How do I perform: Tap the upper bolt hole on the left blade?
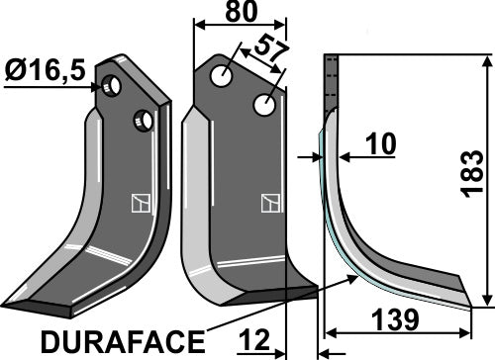click(x=116, y=87)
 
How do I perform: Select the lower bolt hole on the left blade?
click(x=145, y=120)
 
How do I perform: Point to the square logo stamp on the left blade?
click(x=139, y=205)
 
